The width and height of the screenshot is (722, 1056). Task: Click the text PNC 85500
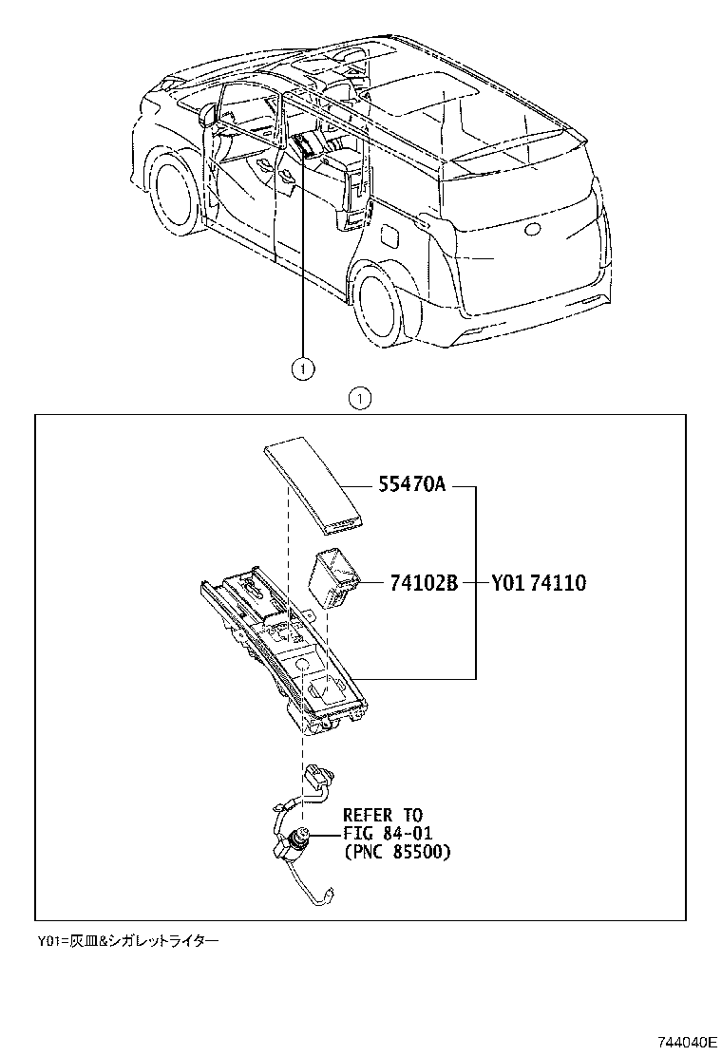click(396, 852)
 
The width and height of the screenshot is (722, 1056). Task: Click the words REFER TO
click(382, 816)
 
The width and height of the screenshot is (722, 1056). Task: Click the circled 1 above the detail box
click(360, 398)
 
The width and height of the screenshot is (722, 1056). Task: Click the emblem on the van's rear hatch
click(532, 229)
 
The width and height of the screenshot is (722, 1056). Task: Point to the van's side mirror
click(208, 115)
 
